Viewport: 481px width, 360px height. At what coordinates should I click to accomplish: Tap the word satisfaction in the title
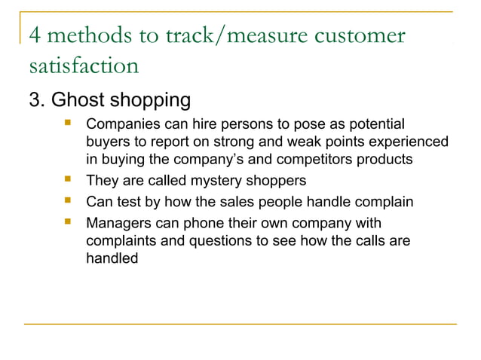coord(83,66)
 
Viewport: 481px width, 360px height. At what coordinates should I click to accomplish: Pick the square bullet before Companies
coord(69,122)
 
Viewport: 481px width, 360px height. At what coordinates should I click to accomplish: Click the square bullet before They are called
coord(69,180)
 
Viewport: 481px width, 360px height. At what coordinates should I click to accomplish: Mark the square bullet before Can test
coord(69,201)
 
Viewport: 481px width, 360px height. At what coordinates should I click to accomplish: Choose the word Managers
coord(118,224)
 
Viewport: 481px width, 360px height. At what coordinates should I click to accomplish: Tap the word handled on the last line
coord(112,258)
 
